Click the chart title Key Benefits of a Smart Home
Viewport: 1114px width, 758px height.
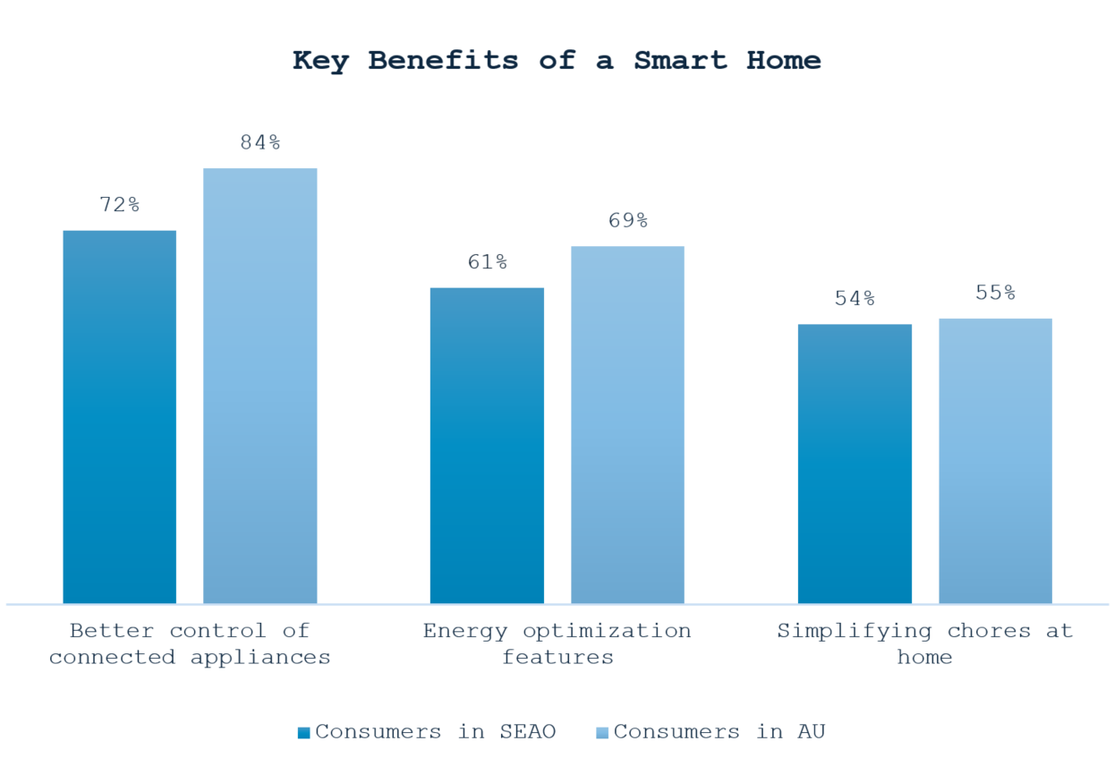coord(557,61)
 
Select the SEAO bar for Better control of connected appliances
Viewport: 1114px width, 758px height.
coord(119,417)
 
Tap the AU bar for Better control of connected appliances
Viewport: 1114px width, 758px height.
coord(259,386)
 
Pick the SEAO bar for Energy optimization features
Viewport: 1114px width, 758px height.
coord(487,446)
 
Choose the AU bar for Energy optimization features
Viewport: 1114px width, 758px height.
coord(627,425)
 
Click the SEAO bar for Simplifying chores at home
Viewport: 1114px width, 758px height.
coord(855,464)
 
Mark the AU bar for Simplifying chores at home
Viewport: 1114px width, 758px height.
coord(995,461)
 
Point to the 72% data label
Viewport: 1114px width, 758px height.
coord(119,205)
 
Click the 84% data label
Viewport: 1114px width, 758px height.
coord(259,142)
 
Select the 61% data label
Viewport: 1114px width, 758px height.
coord(487,262)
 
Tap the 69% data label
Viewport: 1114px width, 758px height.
coord(627,221)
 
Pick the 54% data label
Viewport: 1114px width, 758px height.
coord(855,299)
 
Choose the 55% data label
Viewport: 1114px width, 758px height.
coord(995,293)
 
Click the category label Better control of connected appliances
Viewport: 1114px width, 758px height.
coord(190,643)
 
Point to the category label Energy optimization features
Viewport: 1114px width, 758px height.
coord(557,643)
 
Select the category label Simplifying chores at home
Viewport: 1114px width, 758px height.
coord(924,643)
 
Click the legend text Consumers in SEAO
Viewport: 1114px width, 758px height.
coord(435,732)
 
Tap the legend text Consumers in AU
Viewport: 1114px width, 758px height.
coord(719,732)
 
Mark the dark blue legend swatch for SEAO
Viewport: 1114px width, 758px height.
coord(304,733)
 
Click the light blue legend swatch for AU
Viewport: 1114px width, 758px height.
coord(602,733)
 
